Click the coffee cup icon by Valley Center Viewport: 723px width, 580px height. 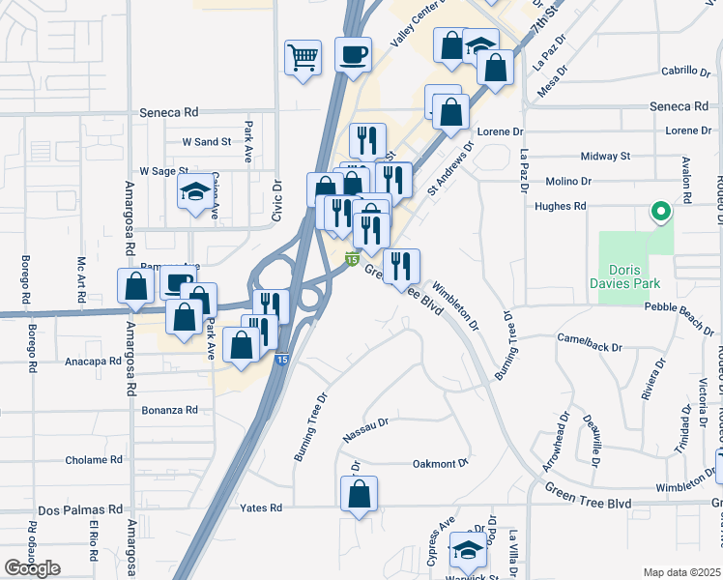(353, 52)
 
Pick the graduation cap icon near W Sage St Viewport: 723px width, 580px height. (194, 193)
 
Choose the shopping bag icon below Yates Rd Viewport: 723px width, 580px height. (359, 494)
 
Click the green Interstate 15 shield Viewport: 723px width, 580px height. (353, 259)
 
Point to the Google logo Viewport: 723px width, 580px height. (32, 568)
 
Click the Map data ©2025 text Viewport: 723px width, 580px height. (681, 572)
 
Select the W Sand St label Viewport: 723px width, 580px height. (207, 141)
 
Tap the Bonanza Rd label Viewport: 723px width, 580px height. (169, 410)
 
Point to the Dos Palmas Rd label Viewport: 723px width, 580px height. (81, 509)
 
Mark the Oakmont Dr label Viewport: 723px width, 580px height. (440, 464)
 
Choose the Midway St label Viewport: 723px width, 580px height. (605, 156)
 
